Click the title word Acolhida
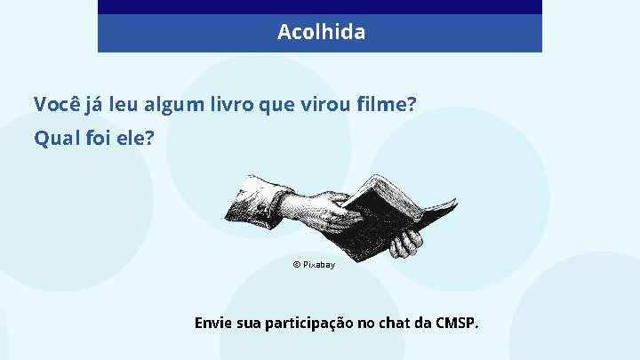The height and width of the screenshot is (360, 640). [x=321, y=32]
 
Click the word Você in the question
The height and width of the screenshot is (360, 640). [x=56, y=105]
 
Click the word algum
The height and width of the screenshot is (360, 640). [x=166, y=105]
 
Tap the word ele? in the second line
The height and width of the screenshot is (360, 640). [x=134, y=139]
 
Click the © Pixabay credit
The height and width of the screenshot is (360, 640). [x=314, y=265]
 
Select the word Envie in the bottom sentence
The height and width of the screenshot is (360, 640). [x=213, y=322]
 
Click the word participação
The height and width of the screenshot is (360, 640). [x=309, y=323]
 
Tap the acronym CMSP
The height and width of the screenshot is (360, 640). [x=457, y=322]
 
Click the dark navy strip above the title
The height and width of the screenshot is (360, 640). [x=320, y=6]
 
